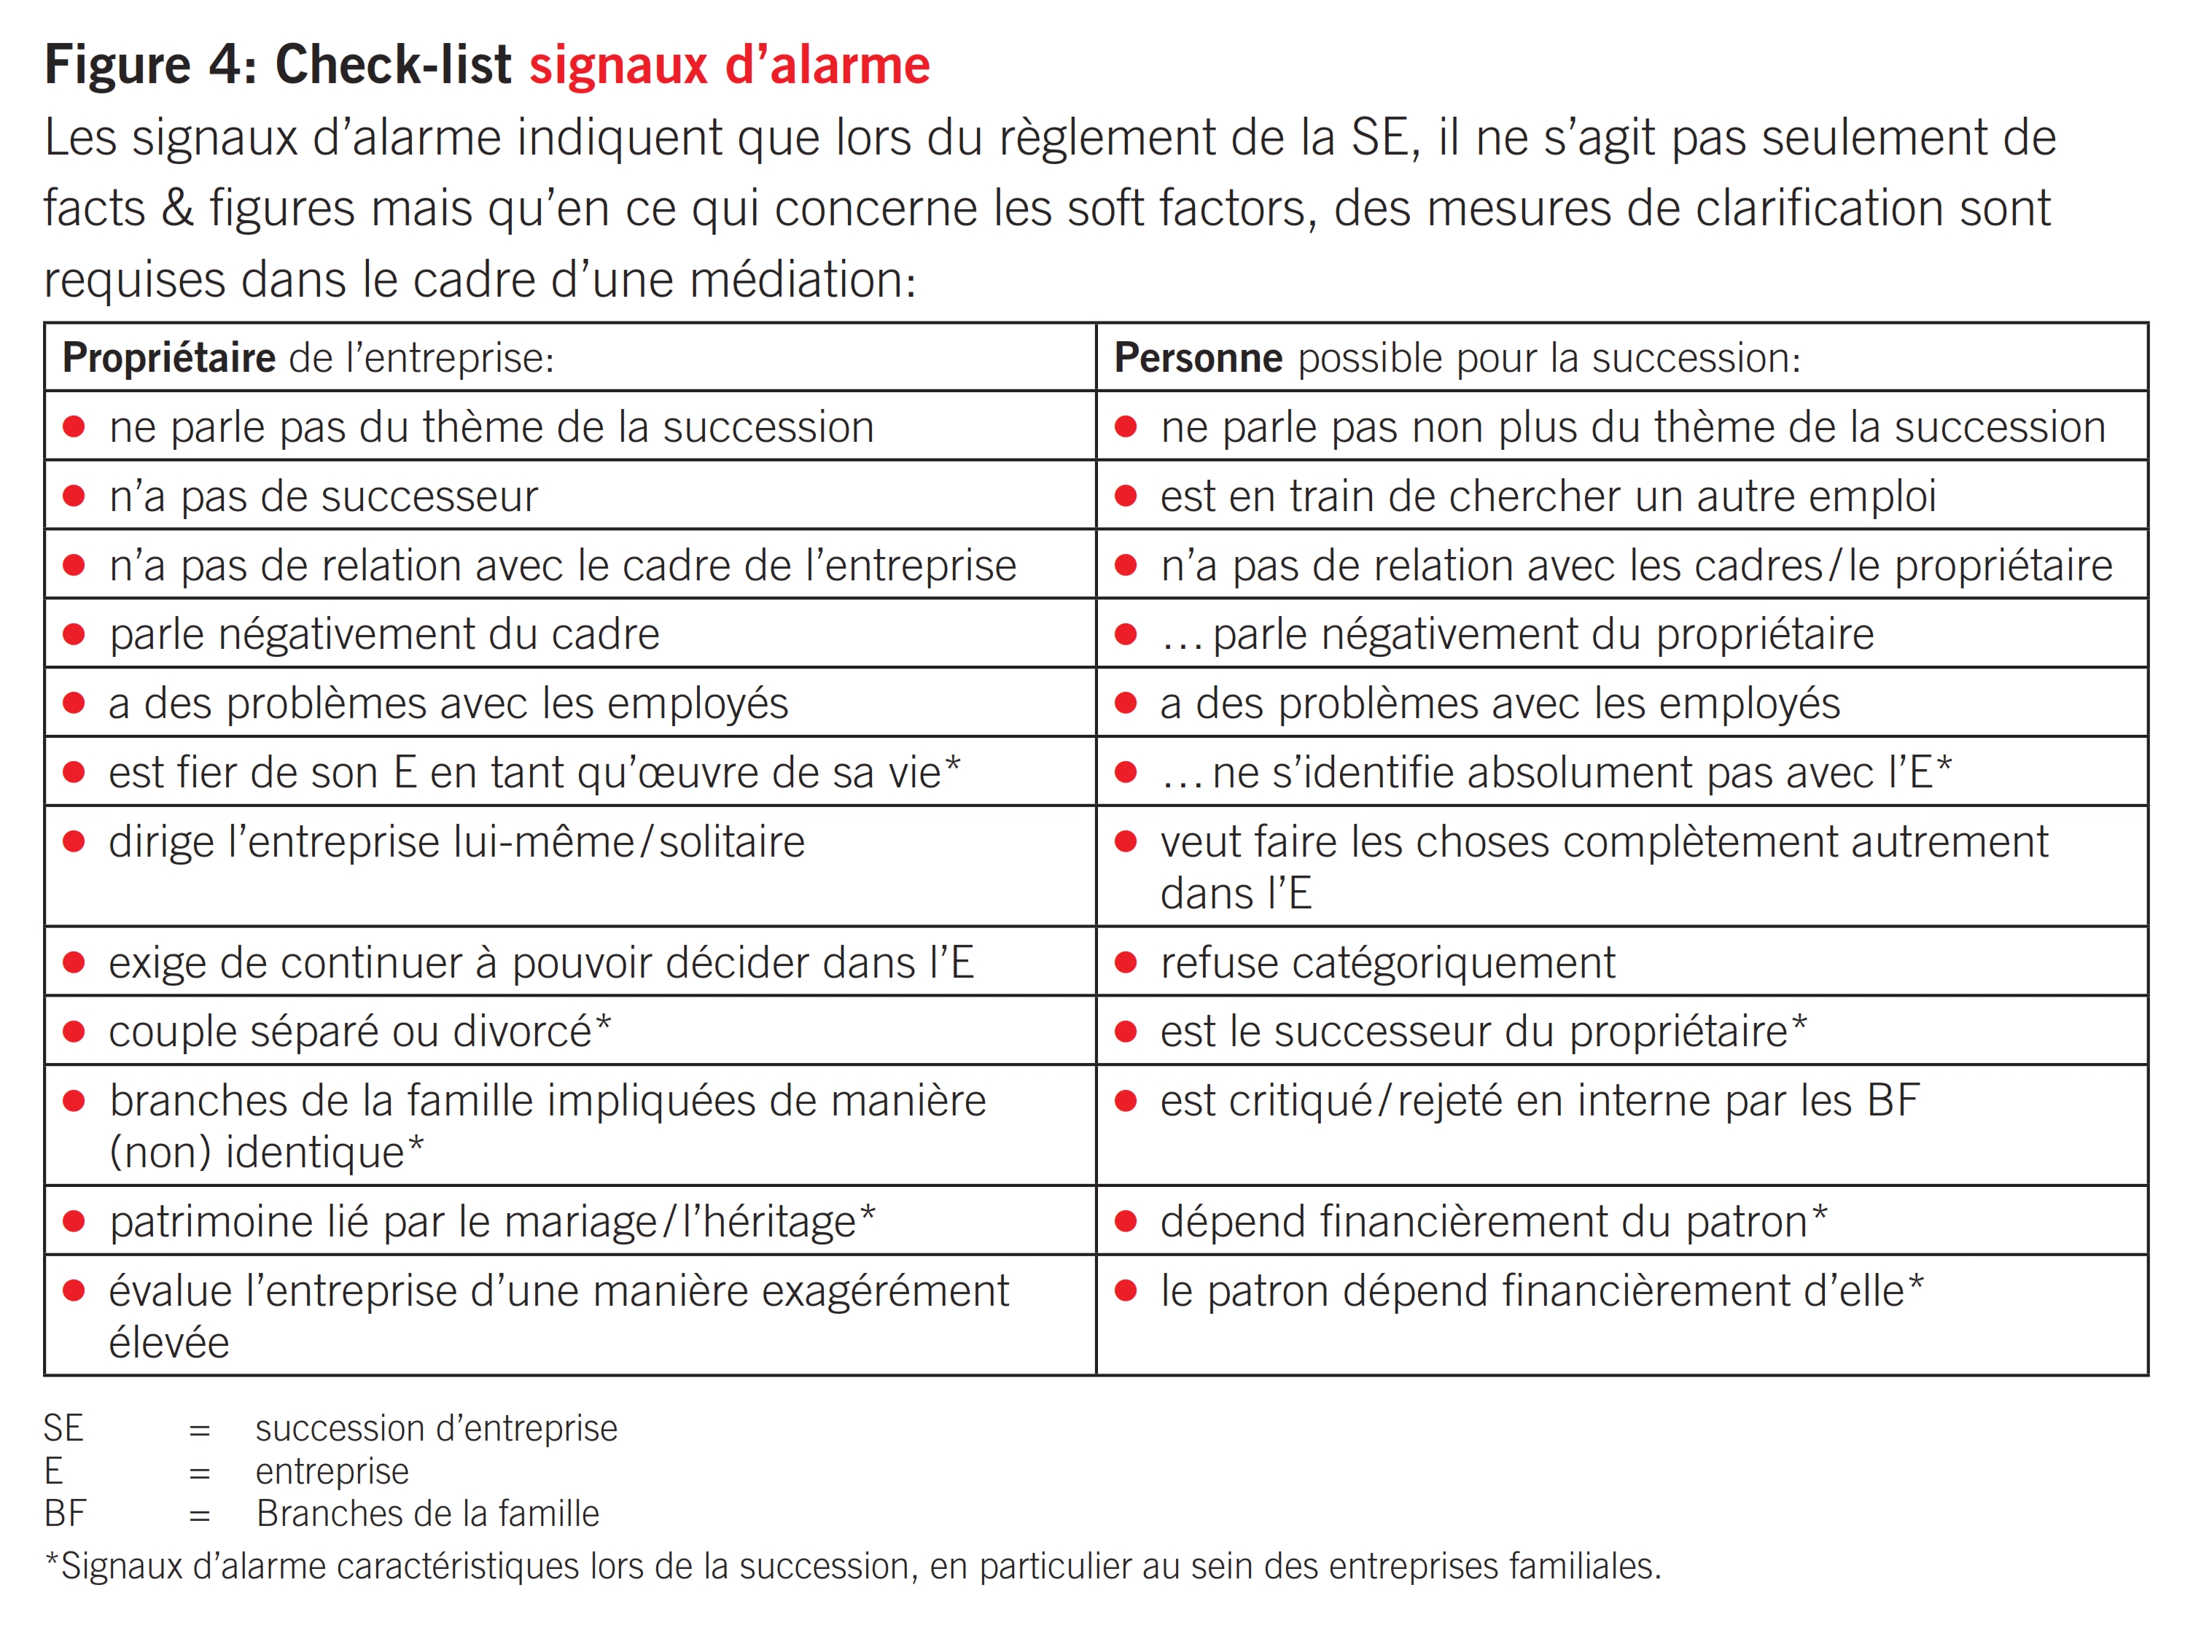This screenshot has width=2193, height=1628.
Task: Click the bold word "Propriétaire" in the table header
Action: coord(168,358)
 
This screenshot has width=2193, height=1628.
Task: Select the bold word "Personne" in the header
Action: coord(1198,358)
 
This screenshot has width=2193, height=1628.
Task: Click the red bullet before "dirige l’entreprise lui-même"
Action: coord(74,841)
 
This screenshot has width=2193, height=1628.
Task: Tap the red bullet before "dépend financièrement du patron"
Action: coord(1126,1222)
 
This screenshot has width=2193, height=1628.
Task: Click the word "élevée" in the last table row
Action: coord(168,1343)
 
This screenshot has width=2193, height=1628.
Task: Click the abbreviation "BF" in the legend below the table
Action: coord(65,1514)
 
